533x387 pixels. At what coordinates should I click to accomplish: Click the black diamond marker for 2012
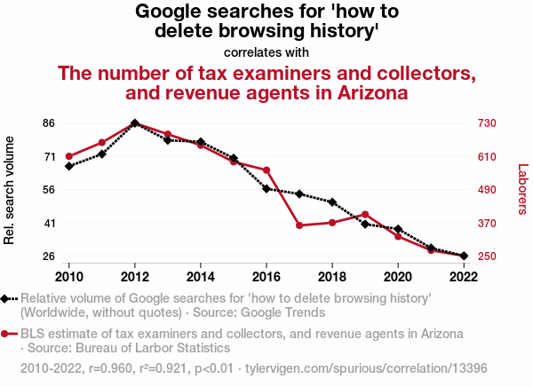click(x=135, y=122)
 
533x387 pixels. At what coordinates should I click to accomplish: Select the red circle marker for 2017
click(x=299, y=225)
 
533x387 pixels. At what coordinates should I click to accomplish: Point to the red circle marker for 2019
click(x=365, y=214)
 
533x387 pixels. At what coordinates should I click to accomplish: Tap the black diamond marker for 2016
click(x=266, y=188)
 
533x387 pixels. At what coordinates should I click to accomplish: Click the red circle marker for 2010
click(x=69, y=156)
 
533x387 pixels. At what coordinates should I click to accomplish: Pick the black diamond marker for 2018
click(x=332, y=202)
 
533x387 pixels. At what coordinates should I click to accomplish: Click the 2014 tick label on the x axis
click(x=201, y=274)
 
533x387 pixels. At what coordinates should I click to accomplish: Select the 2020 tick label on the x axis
click(x=398, y=274)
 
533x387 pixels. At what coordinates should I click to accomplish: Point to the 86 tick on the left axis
click(x=51, y=122)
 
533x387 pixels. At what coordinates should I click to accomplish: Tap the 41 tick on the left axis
click(x=51, y=223)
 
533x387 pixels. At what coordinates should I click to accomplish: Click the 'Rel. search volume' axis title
click(x=11, y=190)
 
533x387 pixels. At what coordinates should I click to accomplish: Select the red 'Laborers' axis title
click(x=522, y=189)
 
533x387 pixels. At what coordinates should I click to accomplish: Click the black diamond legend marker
click(x=6, y=299)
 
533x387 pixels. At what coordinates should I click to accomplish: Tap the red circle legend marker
click(x=6, y=334)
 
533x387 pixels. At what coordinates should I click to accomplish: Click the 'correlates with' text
click(x=266, y=52)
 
